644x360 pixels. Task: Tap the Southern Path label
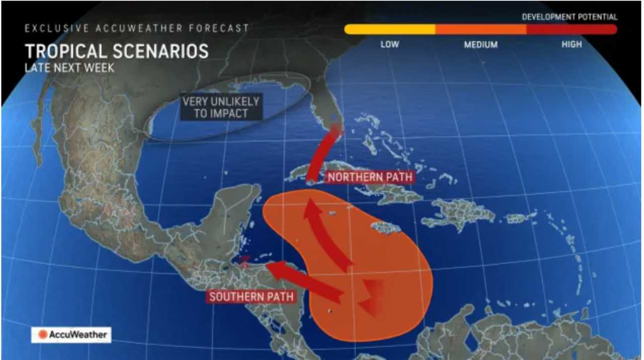[251, 297]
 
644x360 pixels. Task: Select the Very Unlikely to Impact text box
[221, 107]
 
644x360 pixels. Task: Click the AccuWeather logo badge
[71, 334]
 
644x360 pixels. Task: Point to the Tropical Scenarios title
[116, 51]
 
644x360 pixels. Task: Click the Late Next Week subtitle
[69, 68]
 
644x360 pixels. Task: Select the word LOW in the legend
[389, 44]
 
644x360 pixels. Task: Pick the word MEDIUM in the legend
[480, 44]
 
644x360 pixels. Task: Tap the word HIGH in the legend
[572, 44]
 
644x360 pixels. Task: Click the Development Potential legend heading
[569, 17]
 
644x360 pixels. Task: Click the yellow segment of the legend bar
[389, 30]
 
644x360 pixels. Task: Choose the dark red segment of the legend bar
[572, 30]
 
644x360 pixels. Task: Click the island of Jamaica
[386, 228]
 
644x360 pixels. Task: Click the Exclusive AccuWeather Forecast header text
[136, 29]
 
